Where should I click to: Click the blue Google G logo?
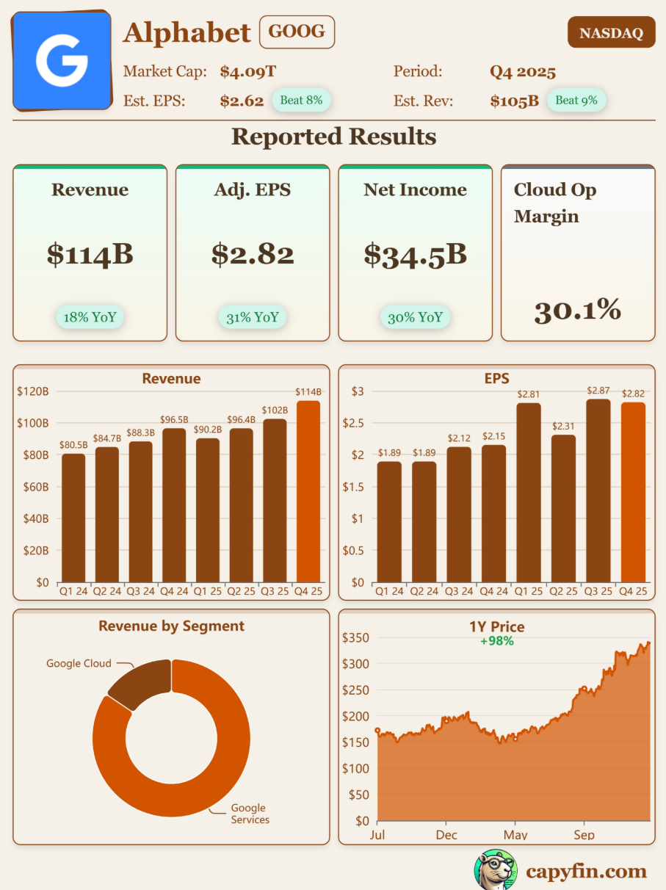[62, 60]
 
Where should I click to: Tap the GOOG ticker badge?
[297, 32]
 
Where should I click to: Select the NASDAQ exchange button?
[611, 33]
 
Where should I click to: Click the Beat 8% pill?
[301, 100]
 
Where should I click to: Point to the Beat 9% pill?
[576, 100]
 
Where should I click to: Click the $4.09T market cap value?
[247, 72]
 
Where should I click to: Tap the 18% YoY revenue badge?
[90, 317]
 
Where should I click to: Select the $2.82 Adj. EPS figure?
[253, 254]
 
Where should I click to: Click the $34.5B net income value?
[415, 254]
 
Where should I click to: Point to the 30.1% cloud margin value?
[577, 311]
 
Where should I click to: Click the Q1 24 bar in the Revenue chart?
[73, 518]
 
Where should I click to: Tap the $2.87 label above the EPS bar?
[598, 391]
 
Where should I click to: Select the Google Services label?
[250, 814]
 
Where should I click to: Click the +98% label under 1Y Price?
[496, 641]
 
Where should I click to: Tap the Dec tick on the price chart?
[446, 835]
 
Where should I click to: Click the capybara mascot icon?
[496, 870]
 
